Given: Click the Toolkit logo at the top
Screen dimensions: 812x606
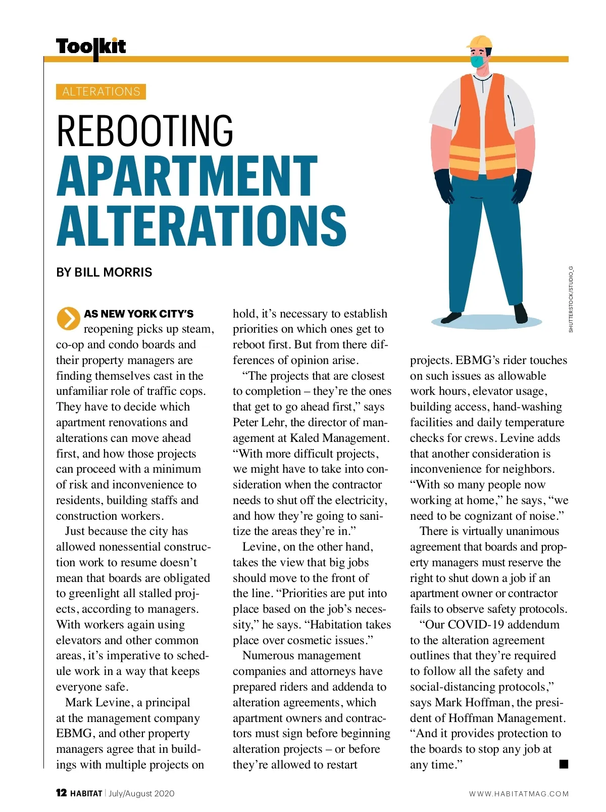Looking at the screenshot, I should point(91,47).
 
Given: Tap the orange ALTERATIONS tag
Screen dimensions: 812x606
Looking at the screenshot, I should point(101,92).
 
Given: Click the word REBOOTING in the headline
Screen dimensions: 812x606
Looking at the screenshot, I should point(145,130).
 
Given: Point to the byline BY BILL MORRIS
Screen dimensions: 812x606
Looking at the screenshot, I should point(104,273).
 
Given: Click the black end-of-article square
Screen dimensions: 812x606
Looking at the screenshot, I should point(564,763).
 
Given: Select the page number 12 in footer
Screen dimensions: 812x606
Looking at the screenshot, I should point(61,793).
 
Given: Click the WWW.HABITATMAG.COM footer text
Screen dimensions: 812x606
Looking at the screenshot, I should point(519,794).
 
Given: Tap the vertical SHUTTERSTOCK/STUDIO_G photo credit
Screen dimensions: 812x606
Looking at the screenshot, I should point(571,299).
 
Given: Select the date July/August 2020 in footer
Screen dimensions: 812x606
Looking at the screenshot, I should point(141,793).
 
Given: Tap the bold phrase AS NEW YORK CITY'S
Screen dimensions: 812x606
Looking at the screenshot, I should point(138,314).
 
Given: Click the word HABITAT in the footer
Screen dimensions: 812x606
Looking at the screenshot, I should point(86,793).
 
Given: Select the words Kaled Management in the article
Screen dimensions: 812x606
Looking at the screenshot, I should point(338,438).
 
